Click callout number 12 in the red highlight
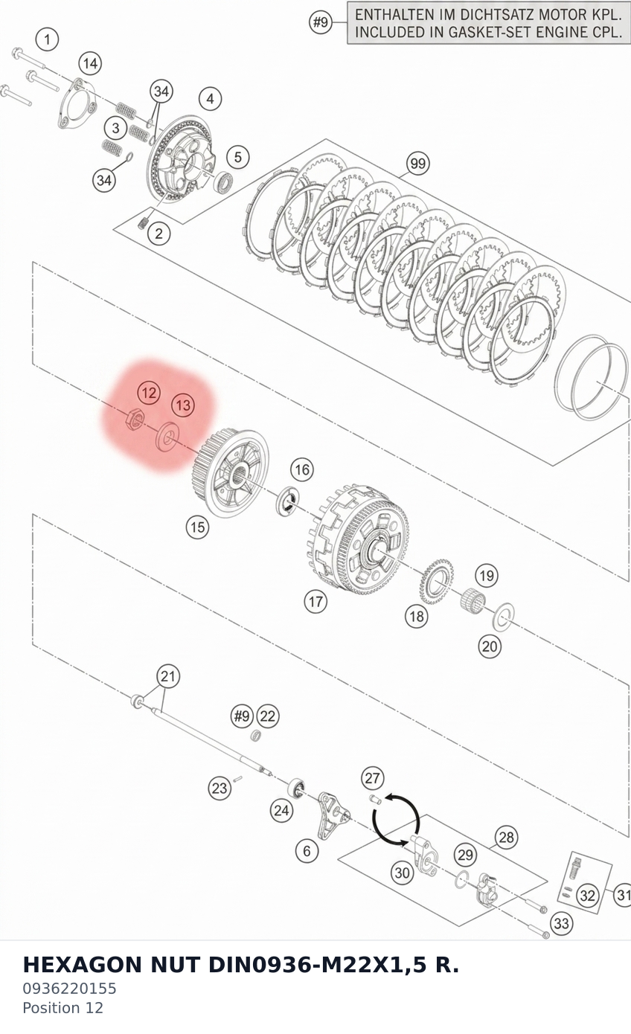tap(149, 393)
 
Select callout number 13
tap(183, 405)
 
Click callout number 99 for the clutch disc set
tap(418, 164)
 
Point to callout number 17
tap(315, 602)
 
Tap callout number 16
tap(302, 470)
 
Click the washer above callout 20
tap(504, 617)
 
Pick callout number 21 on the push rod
tap(168, 676)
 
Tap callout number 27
tap(373, 778)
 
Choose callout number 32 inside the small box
tap(588, 896)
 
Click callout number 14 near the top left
tap(90, 63)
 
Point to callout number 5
tap(237, 157)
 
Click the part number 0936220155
tap(70, 989)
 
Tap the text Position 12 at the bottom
tap(63, 1008)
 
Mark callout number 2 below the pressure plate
tap(159, 234)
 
